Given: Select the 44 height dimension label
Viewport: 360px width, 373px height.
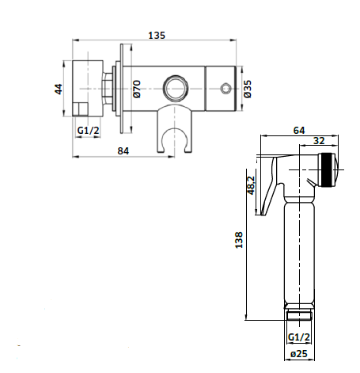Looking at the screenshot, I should (x=57, y=89).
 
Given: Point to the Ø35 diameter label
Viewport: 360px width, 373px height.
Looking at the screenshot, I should (x=247, y=89).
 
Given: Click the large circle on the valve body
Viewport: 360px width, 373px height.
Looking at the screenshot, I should (x=173, y=86).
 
